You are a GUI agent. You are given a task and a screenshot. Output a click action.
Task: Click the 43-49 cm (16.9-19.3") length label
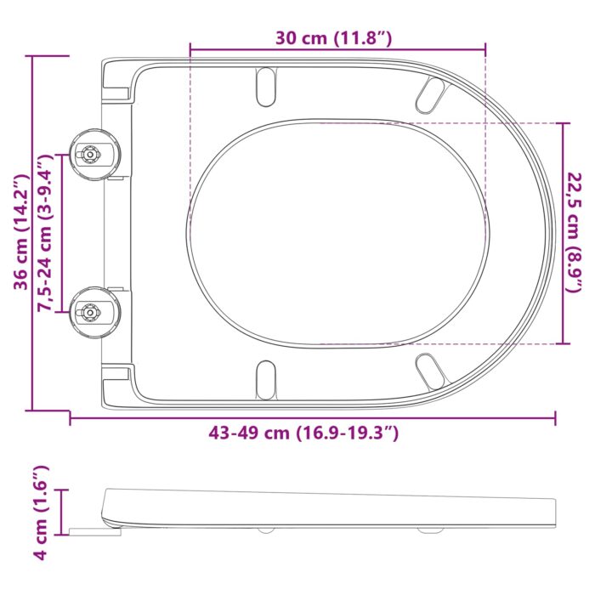coord(303,433)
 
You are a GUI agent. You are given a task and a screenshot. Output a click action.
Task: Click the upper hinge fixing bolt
coord(88,154)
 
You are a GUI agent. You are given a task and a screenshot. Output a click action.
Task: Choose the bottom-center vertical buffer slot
coord(267,377)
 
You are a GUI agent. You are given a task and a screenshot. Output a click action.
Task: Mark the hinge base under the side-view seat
coord(95,532)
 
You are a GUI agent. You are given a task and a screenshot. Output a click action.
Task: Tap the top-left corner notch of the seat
coord(116,80)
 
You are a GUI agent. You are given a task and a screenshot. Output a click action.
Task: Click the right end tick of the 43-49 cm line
coord(556,418)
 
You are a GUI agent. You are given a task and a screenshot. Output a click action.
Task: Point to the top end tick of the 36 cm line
coord(31,56)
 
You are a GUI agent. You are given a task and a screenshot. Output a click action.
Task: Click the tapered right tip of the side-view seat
coord(553,510)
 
